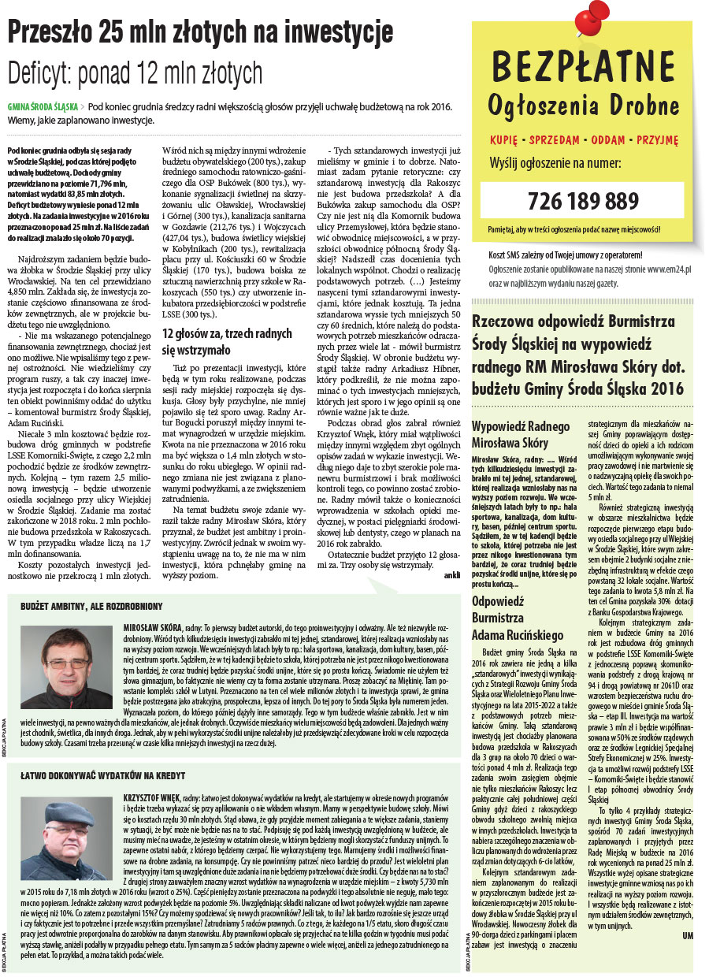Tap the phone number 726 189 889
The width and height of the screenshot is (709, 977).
(582, 200)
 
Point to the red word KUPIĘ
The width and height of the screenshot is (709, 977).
(504, 139)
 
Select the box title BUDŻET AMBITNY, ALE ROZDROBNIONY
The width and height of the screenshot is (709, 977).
(91, 607)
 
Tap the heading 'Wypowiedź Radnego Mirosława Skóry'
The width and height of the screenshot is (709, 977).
(521, 434)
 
